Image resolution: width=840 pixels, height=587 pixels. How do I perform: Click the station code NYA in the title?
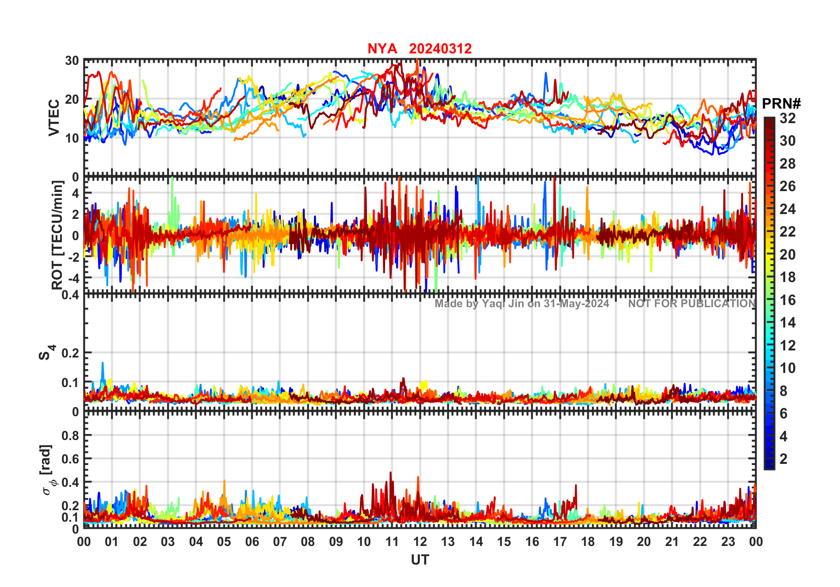[382, 49]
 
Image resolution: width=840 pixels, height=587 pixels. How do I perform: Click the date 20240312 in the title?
[440, 49]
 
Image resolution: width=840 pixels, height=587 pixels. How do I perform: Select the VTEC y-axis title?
[54, 118]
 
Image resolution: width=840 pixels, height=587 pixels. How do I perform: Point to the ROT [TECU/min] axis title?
[57, 235]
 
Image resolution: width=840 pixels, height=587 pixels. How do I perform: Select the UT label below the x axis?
[420, 560]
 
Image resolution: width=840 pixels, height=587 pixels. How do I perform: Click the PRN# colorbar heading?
[781, 104]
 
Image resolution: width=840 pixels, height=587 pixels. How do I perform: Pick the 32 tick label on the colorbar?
[787, 118]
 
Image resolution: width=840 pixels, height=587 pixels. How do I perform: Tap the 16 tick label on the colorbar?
[787, 300]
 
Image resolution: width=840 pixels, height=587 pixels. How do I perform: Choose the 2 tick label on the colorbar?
[783, 459]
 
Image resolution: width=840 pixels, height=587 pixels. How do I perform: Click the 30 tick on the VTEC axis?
[72, 61]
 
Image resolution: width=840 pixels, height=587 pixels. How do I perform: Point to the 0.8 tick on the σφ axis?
[70, 436]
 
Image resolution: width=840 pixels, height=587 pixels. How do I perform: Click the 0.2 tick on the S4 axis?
[70, 353]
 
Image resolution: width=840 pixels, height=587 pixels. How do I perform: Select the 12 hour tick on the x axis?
[420, 542]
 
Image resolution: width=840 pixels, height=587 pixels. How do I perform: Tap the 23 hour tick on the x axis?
[728, 542]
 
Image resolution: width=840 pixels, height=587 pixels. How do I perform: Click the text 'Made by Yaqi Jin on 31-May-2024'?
[522, 304]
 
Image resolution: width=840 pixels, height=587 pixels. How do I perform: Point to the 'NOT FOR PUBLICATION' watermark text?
[692, 304]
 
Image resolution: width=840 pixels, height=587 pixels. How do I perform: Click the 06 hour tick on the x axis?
[252, 542]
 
